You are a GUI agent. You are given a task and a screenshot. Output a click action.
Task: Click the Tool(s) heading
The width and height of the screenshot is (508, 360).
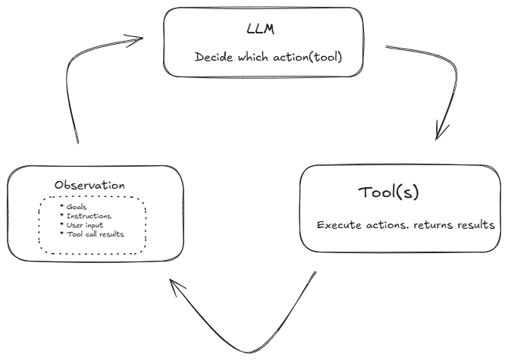click(x=388, y=193)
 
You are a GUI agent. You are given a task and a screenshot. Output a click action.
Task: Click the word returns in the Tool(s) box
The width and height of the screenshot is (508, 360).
click(x=428, y=225)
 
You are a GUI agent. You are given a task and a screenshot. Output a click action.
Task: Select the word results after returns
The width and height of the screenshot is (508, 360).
click(x=472, y=225)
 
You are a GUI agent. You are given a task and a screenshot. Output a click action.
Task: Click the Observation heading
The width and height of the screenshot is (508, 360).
click(x=90, y=186)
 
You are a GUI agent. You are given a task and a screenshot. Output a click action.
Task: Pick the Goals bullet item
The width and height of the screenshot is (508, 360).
click(x=74, y=206)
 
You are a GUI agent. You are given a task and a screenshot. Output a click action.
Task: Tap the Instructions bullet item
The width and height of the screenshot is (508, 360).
click(x=84, y=216)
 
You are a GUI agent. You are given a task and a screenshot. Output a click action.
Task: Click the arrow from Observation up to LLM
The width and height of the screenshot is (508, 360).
click(x=72, y=91)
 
